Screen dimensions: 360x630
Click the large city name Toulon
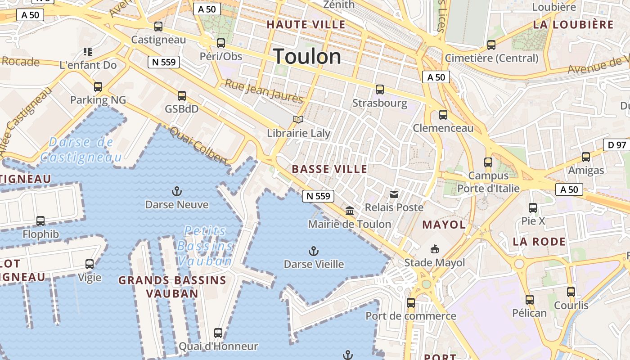click(x=307, y=57)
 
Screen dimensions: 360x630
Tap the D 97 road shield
click(x=616, y=145)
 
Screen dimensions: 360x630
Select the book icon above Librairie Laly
click(x=298, y=119)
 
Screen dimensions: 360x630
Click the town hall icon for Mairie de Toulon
click(x=350, y=210)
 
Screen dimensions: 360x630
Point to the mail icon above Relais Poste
click(x=394, y=194)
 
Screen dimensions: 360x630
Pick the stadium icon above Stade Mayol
click(x=435, y=249)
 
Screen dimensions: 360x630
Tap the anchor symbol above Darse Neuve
click(x=177, y=192)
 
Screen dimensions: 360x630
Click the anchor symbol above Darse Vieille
click(x=314, y=251)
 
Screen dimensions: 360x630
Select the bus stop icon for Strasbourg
click(x=380, y=90)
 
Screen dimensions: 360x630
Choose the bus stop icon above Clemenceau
click(x=443, y=115)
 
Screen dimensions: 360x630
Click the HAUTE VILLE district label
click(x=306, y=24)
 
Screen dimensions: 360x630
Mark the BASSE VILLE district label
click(x=329, y=169)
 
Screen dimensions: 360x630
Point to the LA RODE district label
click(x=539, y=242)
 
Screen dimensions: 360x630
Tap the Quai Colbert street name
click(x=198, y=145)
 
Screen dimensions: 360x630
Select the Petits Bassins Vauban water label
click(x=205, y=246)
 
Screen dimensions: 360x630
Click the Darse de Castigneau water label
click(x=81, y=150)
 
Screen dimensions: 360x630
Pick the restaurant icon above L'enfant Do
click(x=88, y=52)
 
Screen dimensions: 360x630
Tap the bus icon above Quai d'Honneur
click(x=218, y=333)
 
